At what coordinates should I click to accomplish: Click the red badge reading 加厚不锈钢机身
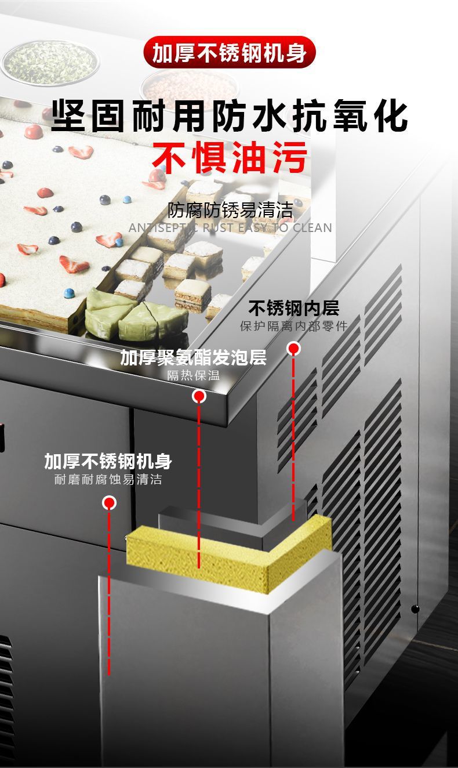click(x=229, y=53)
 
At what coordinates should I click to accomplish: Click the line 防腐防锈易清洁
click(x=230, y=210)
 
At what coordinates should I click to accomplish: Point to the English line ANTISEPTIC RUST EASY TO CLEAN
click(x=230, y=227)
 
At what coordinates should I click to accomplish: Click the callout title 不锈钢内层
click(x=293, y=308)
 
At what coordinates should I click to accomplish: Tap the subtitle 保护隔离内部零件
click(x=293, y=326)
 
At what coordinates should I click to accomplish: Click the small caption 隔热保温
click(x=193, y=375)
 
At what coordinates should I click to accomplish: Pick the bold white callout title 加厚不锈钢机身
click(x=108, y=462)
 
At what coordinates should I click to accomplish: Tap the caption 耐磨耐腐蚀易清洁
click(x=108, y=480)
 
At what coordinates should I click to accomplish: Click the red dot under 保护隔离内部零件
click(x=294, y=349)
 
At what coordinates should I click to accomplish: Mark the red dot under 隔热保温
click(x=199, y=396)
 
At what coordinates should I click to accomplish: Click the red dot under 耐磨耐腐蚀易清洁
click(x=109, y=503)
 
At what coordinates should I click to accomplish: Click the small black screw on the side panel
click(x=415, y=608)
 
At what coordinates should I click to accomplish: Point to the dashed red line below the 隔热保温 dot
click(x=199, y=481)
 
